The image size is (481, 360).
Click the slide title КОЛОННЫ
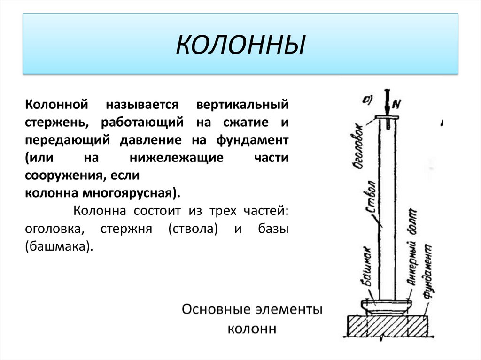(240, 46)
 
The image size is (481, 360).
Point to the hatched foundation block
(387, 325)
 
